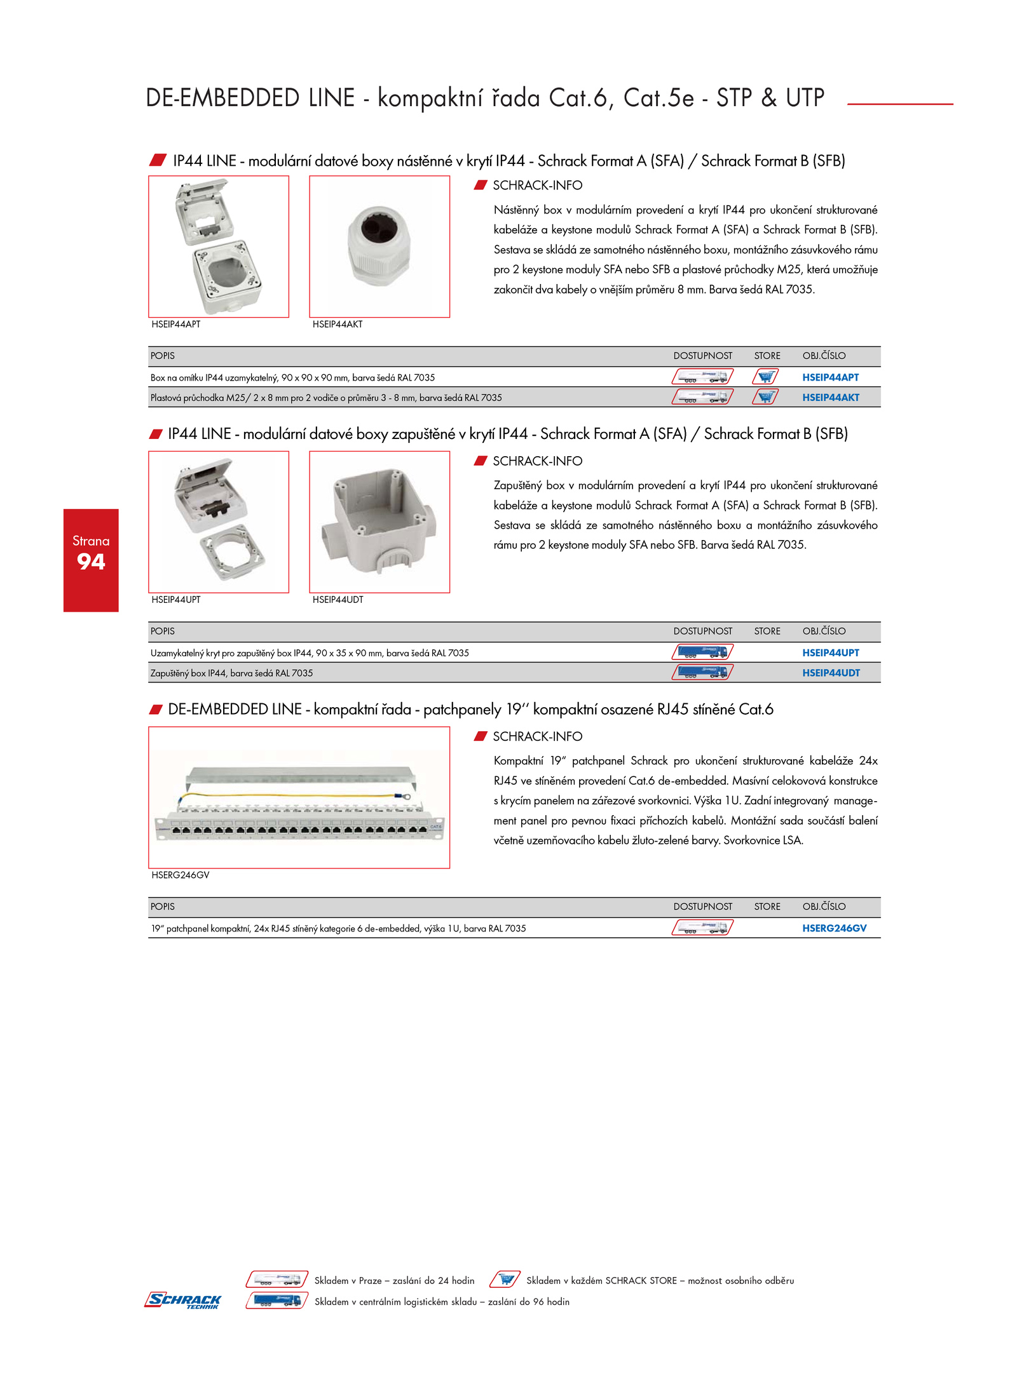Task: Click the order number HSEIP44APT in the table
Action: tap(830, 377)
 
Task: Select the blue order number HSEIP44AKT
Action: tap(830, 398)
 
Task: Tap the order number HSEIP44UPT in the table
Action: tap(830, 653)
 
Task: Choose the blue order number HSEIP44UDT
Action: tap(831, 673)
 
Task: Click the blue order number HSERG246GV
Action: tap(834, 929)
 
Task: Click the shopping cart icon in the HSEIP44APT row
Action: tap(766, 377)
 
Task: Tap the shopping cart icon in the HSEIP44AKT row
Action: tap(766, 398)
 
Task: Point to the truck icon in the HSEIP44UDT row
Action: tap(702, 673)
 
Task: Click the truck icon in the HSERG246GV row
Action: tap(702, 928)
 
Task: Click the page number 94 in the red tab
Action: tap(91, 562)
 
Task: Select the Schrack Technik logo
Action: tap(183, 1301)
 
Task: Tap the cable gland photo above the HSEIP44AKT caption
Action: tap(379, 247)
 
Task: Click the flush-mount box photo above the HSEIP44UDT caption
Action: tap(379, 522)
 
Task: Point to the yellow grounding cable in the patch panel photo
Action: tap(292, 795)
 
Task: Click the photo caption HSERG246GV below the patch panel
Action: tap(180, 875)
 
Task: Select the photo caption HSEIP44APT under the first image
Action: tap(175, 325)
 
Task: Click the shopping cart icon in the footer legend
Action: tap(505, 1280)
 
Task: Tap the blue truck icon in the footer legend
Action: tap(277, 1301)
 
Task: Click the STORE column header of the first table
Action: tap(767, 356)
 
